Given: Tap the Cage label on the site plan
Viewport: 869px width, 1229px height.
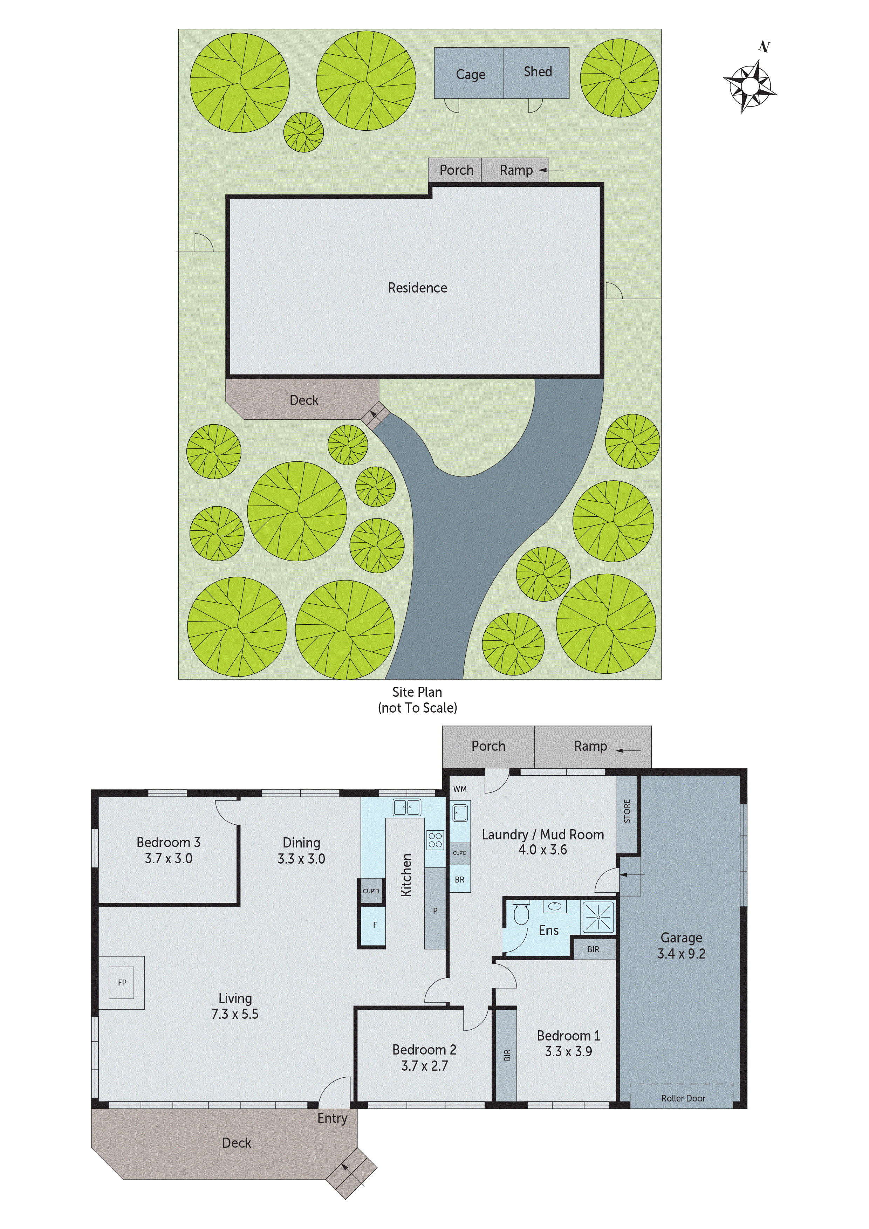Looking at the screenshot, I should click(x=470, y=74).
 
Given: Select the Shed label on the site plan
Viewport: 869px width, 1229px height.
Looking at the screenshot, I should click(x=538, y=72).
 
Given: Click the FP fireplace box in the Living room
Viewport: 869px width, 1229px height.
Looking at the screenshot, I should click(x=122, y=982).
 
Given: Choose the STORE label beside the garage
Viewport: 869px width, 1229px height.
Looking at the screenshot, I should click(x=627, y=811).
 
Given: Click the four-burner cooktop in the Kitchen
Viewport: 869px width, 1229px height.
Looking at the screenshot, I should click(x=435, y=840).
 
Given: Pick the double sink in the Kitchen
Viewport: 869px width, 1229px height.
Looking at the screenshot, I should click(x=407, y=807).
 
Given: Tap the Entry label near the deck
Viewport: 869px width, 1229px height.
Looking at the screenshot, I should click(x=332, y=1118).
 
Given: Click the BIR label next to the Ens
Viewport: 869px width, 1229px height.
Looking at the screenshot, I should click(x=593, y=949).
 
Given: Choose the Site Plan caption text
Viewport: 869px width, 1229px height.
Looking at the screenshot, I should click(x=417, y=692).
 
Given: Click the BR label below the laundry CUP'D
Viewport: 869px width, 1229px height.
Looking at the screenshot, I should click(x=459, y=879).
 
